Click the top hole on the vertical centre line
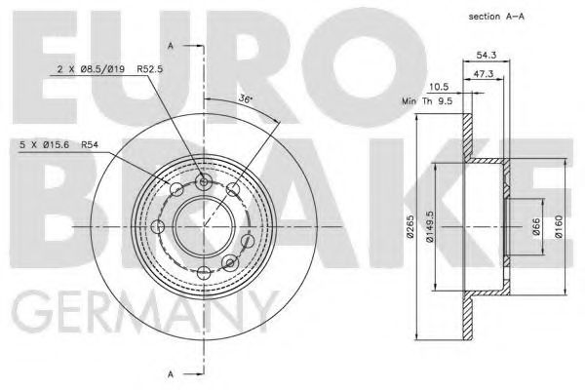[x=203, y=180]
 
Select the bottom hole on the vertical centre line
[x=203, y=273]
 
